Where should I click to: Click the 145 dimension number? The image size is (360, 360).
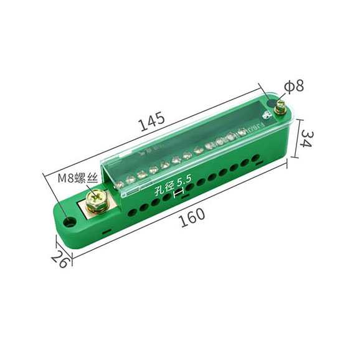tap(153, 121)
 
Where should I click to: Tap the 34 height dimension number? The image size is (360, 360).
tap(306, 138)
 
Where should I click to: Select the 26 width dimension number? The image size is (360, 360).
tap(60, 259)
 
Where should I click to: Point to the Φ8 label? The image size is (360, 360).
tap(294, 86)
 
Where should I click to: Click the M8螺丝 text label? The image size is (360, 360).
tap(78, 178)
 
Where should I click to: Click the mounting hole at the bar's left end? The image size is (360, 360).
tap(69, 222)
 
